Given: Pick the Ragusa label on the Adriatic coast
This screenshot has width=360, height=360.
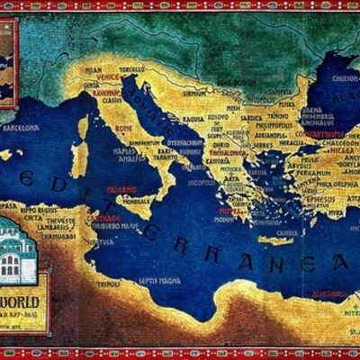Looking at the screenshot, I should [193, 118].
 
